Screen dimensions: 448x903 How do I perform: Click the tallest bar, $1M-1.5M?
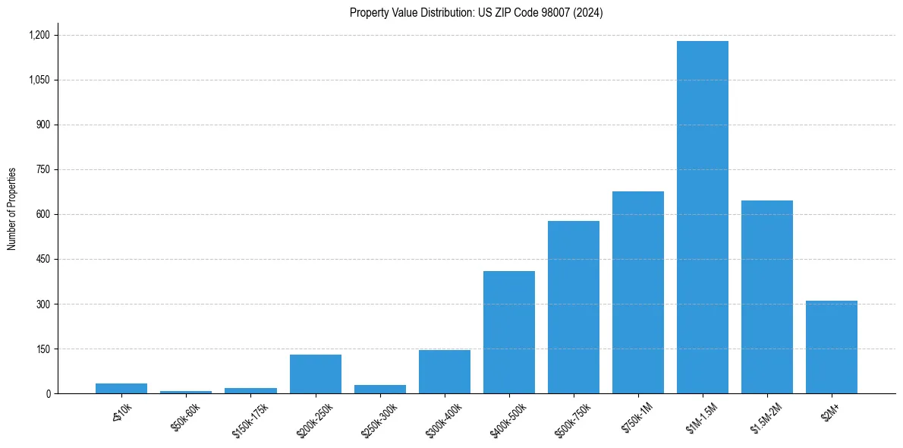[x=702, y=217]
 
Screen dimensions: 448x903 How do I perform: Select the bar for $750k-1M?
[x=637, y=292]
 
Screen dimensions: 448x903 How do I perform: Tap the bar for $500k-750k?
[x=573, y=308]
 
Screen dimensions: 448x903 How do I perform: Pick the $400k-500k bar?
[x=508, y=333]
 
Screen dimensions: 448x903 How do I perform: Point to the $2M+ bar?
[x=831, y=347]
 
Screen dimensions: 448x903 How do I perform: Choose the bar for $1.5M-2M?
[x=766, y=297]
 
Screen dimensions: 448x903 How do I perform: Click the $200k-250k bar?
[x=315, y=374]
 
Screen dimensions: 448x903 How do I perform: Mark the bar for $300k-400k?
[x=444, y=372]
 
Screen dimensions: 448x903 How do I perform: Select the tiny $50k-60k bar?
[x=186, y=392]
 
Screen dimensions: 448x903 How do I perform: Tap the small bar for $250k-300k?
[x=379, y=390]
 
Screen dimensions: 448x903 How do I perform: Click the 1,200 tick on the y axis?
[x=39, y=35]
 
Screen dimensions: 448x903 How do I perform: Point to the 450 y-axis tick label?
[x=43, y=260]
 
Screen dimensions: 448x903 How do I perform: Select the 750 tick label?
[x=43, y=170]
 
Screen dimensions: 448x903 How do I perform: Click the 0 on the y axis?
[x=48, y=394]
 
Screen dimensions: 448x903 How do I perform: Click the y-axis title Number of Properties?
[x=12, y=209]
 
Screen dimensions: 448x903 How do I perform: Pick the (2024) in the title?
[x=589, y=13]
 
